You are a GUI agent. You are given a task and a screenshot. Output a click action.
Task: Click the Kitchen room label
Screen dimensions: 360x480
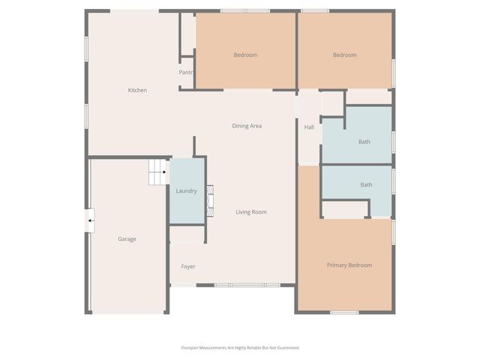(x=137, y=90)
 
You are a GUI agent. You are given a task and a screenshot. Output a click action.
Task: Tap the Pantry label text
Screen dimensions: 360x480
(x=186, y=73)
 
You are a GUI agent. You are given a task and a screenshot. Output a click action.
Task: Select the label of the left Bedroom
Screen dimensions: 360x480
(x=245, y=55)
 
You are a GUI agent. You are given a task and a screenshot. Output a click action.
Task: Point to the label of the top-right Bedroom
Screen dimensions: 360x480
(x=344, y=55)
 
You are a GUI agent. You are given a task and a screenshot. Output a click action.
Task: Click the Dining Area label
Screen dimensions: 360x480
(x=246, y=126)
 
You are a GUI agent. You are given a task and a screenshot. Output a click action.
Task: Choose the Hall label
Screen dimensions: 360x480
(x=309, y=127)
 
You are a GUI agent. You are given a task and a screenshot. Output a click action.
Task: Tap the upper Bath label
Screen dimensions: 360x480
(x=364, y=142)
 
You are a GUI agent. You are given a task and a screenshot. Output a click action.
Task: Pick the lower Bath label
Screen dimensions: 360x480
(x=366, y=184)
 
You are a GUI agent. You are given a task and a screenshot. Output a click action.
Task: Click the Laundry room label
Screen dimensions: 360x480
(x=186, y=191)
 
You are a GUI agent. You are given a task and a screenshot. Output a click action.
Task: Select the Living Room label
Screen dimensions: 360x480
(x=251, y=212)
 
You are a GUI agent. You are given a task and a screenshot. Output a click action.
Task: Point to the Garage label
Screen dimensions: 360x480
(x=127, y=239)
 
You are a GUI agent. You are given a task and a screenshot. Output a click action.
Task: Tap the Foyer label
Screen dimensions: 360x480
(x=188, y=266)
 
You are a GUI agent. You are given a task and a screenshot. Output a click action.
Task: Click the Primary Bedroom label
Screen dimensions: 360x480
(x=349, y=265)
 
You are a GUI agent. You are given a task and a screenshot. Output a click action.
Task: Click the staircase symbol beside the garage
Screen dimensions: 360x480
(x=157, y=172)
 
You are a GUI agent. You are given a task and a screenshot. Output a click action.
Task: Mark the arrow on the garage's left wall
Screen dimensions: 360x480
(x=90, y=220)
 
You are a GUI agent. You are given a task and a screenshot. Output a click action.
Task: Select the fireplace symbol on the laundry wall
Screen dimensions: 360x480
(x=211, y=200)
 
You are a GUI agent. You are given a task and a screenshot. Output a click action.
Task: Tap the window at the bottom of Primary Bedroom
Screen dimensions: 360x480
(x=344, y=312)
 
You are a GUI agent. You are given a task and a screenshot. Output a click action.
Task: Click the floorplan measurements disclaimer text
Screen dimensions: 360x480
(x=240, y=347)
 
